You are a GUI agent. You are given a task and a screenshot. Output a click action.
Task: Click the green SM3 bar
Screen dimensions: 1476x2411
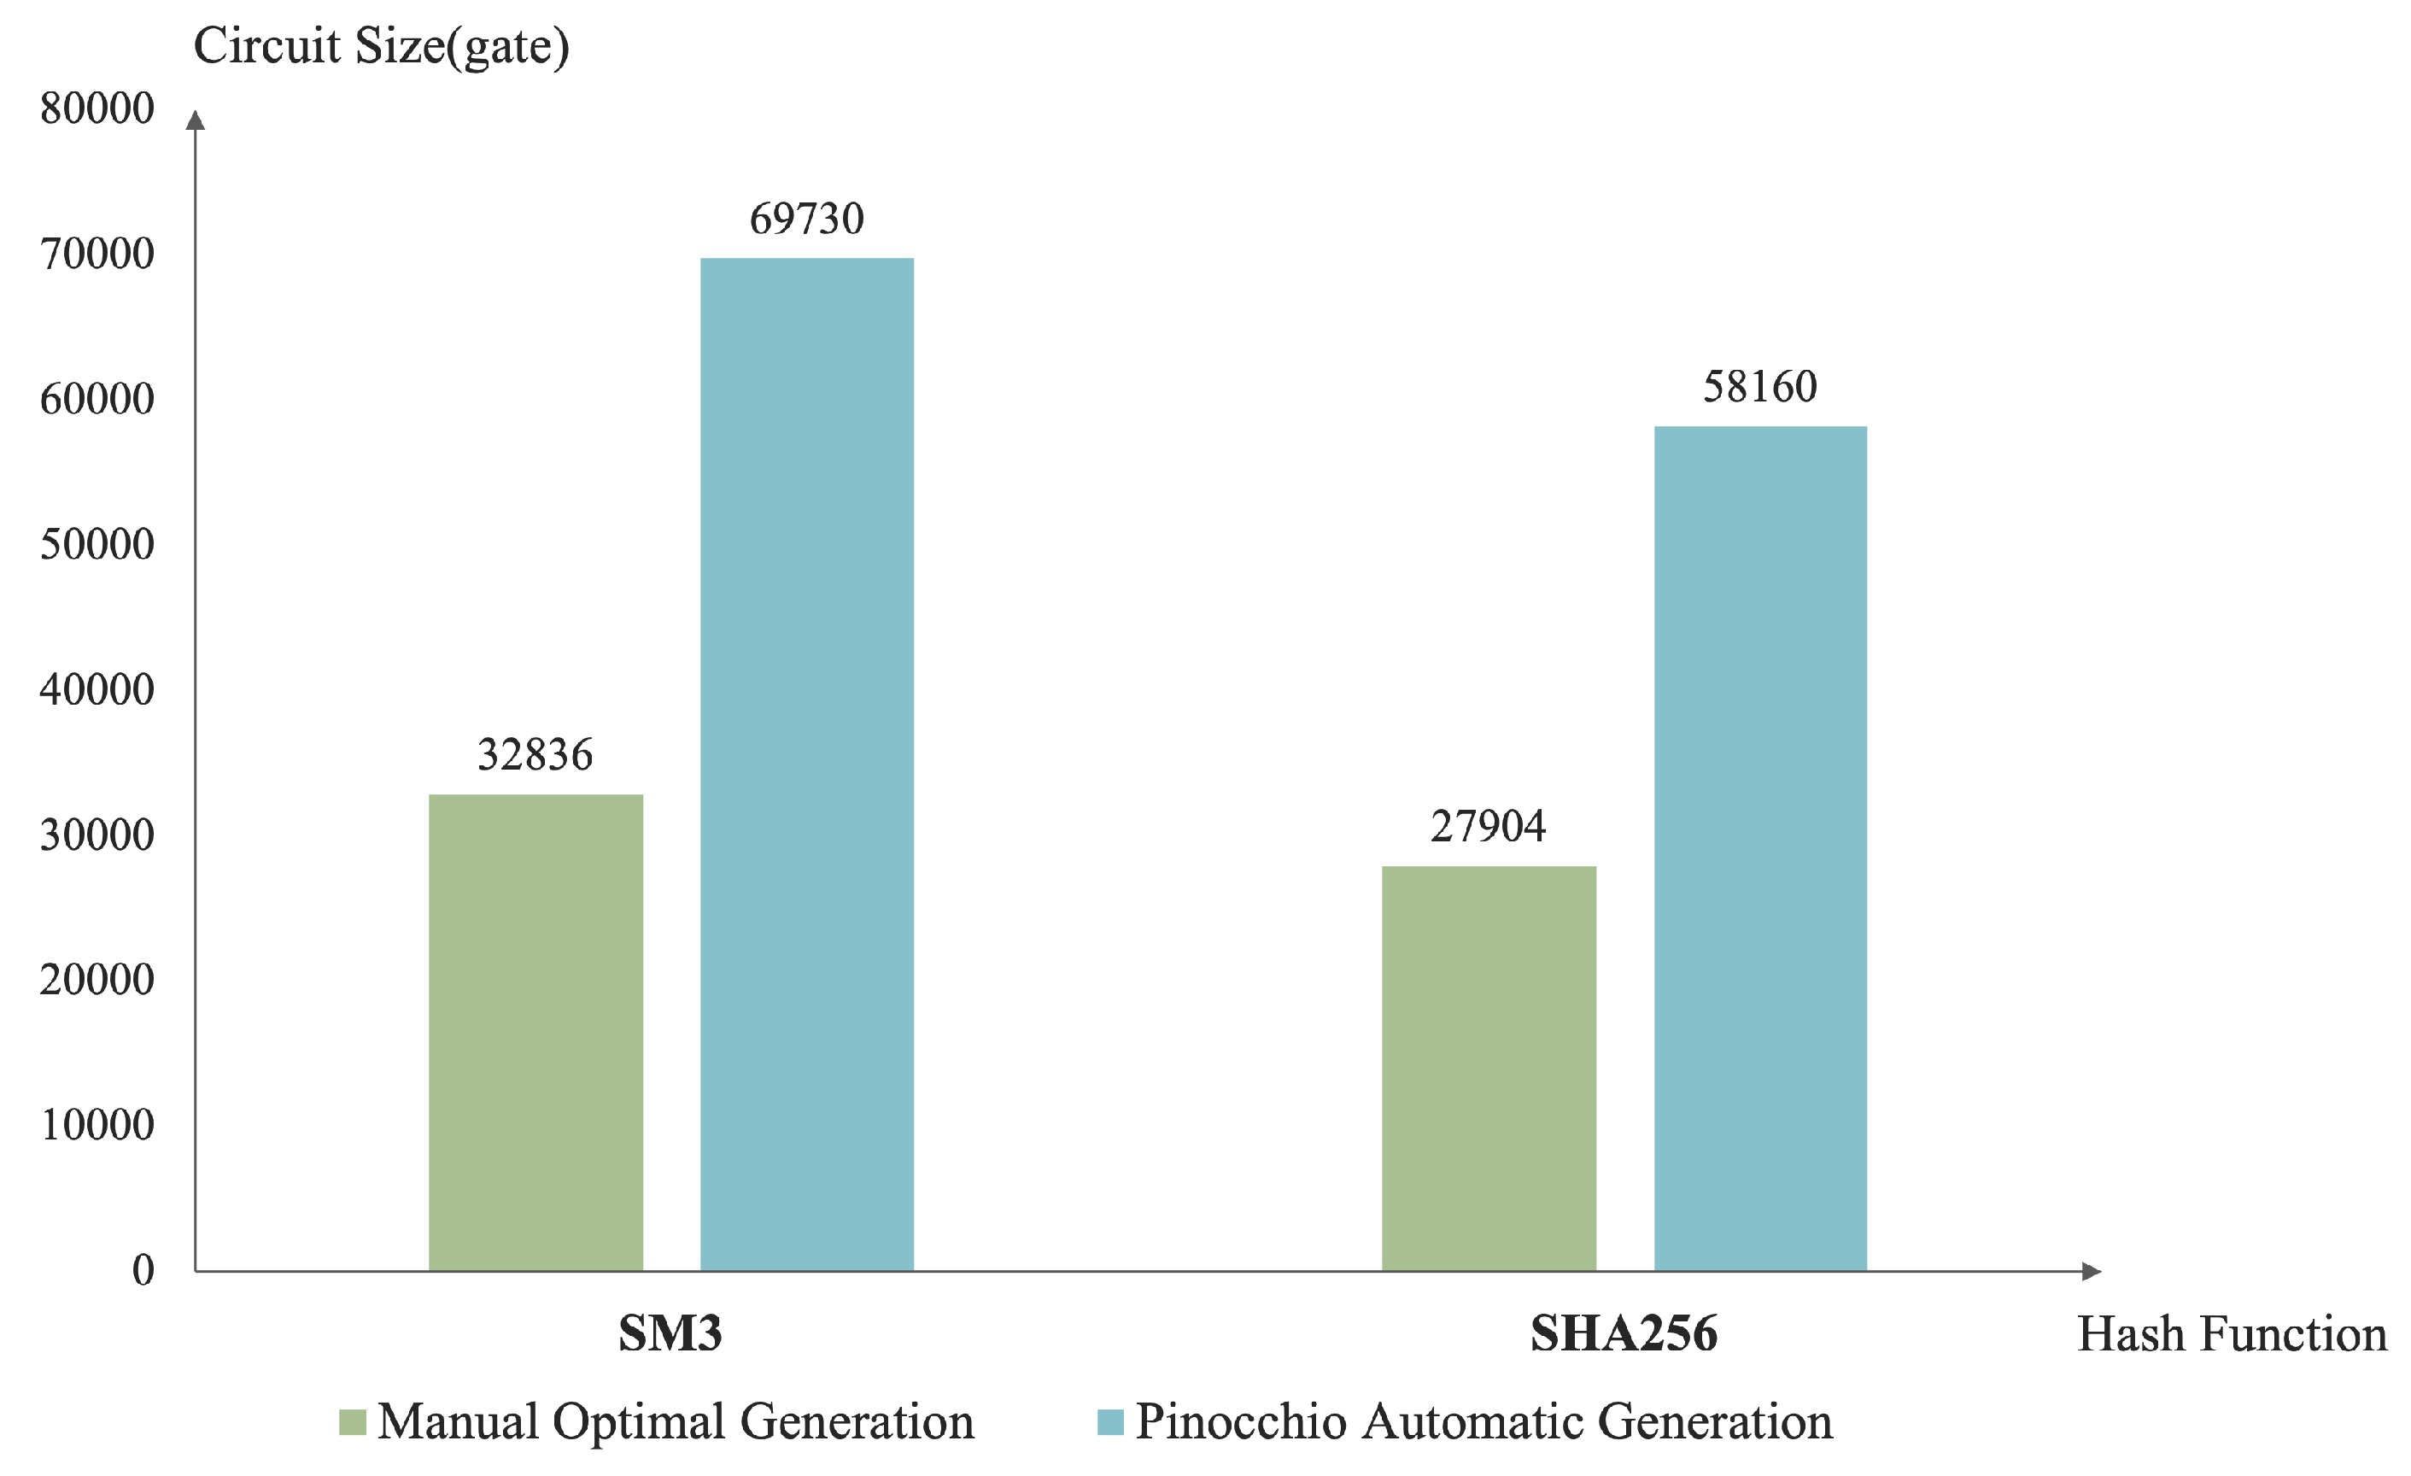click(535, 1032)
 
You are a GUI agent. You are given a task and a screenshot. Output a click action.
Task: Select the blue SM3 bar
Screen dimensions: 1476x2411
click(806, 764)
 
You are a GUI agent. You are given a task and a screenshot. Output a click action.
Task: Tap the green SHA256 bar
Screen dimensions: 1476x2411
click(1489, 1068)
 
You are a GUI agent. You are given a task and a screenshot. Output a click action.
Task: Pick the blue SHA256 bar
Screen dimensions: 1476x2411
click(1759, 847)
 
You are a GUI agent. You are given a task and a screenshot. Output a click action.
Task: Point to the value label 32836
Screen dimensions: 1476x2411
click(535, 754)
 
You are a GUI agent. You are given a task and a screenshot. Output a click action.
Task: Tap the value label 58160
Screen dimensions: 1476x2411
click(1759, 388)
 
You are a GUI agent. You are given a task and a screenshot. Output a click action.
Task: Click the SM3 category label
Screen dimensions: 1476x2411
click(670, 1333)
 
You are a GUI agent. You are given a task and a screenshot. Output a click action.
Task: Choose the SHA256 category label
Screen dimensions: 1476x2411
click(1624, 1333)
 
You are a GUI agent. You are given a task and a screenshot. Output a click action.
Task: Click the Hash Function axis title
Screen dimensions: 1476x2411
click(2231, 1334)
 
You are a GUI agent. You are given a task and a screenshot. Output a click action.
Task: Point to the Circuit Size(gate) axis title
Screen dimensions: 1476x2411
click(381, 47)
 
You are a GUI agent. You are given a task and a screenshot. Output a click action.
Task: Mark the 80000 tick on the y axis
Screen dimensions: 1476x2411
click(97, 108)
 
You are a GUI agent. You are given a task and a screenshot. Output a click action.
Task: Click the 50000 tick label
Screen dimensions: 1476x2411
click(97, 544)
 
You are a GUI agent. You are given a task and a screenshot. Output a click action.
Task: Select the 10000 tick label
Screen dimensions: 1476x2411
click(97, 1125)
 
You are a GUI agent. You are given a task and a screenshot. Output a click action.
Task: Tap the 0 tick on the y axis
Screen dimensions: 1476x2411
click(143, 1270)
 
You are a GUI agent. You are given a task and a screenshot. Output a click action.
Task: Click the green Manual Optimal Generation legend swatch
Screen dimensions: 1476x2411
click(352, 1422)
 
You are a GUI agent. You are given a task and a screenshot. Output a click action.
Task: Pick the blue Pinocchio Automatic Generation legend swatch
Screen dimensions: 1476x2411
click(1109, 1422)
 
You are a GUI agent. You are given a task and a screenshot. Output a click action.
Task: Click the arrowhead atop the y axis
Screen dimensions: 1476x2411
click(195, 120)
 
